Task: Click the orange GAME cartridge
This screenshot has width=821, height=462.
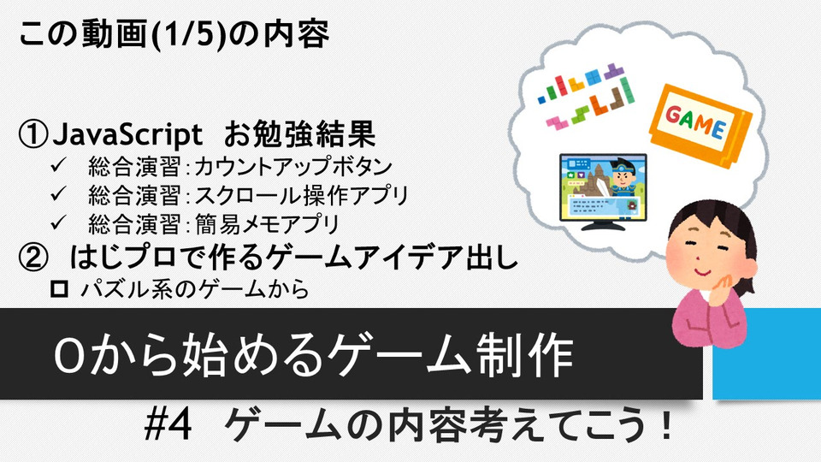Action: coord(700,125)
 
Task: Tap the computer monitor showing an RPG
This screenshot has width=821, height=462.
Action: coord(603,191)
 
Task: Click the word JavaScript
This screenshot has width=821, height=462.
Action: coord(127,134)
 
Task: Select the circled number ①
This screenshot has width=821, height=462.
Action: coord(33,134)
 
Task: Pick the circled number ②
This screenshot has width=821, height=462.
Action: coord(33,258)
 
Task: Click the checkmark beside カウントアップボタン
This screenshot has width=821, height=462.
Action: coord(59,165)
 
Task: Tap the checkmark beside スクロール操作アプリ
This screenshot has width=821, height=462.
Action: coord(59,194)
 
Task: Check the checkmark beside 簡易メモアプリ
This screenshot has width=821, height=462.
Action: coord(59,222)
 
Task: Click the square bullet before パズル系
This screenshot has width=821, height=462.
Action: coord(59,288)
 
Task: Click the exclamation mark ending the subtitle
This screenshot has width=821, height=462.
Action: coord(666,425)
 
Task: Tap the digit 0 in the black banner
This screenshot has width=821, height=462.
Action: coord(69,356)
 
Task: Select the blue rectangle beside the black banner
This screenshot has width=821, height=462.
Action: coord(766,353)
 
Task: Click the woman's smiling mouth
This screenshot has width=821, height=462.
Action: coord(703,271)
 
